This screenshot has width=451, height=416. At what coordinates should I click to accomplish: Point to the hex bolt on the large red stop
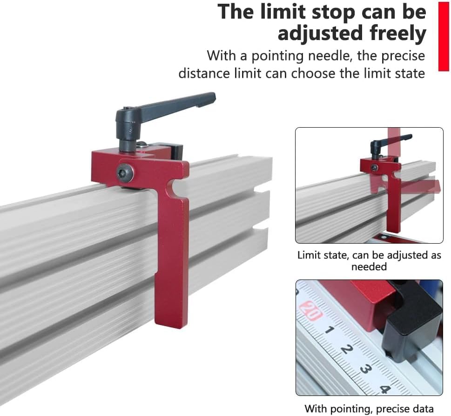coord(126,173)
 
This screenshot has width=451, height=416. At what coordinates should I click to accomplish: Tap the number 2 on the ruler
coord(346,349)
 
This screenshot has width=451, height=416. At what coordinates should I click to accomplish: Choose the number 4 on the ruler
coord(384,389)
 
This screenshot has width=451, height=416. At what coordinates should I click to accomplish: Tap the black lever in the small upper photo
coord(387,143)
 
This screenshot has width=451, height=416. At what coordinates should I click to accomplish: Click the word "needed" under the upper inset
coord(369,267)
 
